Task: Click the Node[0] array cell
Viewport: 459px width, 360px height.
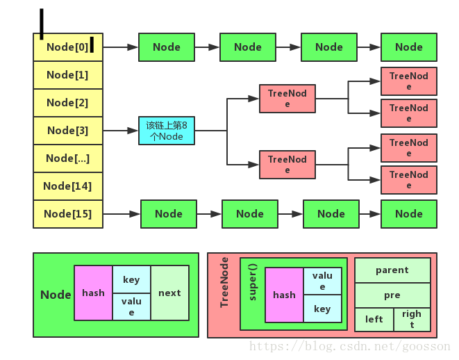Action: click(x=68, y=47)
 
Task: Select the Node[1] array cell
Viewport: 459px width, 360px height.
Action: click(x=68, y=75)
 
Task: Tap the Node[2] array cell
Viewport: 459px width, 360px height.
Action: click(x=68, y=103)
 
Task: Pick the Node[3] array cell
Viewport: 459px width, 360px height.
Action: click(x=68, y=131)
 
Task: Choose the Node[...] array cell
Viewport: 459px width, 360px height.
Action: click(x=68, y=158)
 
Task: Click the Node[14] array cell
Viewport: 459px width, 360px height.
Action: click(x=68, y=186)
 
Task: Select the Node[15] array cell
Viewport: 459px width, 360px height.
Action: click(x=68, y=214)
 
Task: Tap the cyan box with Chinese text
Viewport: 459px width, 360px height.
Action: click(x=167, y=131)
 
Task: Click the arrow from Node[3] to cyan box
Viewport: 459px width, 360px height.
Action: click(x=121, y=131)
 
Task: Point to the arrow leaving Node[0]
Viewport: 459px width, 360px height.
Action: click(x=121, y=47)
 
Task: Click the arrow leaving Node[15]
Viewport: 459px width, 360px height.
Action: click(x=122, y=214)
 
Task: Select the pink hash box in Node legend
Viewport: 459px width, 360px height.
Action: click(x=93, y=293)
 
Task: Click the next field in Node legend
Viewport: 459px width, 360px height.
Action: click(x=169, y=293)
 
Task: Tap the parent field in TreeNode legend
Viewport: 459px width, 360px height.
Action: click(x=392, y=270)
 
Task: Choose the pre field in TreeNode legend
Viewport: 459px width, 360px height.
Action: click(x=392, y=295)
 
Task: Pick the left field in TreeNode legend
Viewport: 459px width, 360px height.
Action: click(x=374, y=320)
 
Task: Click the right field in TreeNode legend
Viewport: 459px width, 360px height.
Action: click(x=411, y=320)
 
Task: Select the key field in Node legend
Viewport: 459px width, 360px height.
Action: click(x=131, y=279)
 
